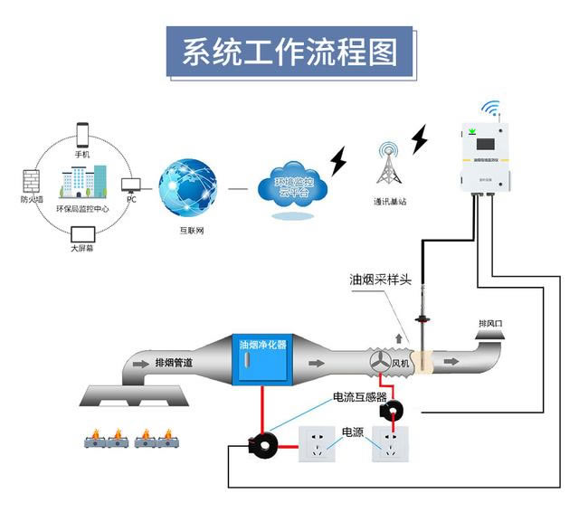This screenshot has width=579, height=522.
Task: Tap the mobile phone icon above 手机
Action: (x=82, y=135)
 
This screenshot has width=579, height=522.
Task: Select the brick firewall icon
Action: (x=32, y=180)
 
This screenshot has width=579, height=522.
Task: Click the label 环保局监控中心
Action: (x=82, y=209)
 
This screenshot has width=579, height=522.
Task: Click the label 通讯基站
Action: (x=389, y=201)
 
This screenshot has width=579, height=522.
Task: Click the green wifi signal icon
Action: (x=491, y=109)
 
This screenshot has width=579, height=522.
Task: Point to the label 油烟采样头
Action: (x=381, y=280)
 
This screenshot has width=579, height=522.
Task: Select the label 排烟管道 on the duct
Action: (x=174, y=363)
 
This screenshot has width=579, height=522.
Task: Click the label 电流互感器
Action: (x=360, y=397)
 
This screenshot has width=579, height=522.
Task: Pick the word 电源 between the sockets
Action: (x=353, y=432)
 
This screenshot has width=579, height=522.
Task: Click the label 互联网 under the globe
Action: (x=192, y=232)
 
